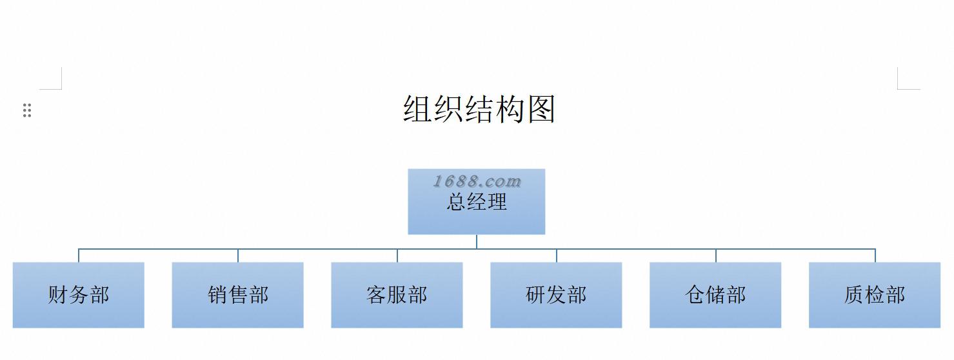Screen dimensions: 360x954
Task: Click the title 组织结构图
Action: pyautogui.click(x=479, y=109)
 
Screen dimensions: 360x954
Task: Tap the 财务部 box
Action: pyautogui.click(x=78, y=295)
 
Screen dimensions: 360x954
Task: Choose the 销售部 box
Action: pyautogui.click(x=237, y=295)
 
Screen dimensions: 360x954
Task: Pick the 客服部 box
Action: pyautogui.click(x=397, y=295)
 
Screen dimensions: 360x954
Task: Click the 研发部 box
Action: pyautogui.click(x=556, y=295)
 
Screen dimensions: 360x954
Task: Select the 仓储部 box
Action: pyautogui.click(x=715, y=295)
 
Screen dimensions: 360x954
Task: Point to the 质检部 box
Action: pyautogui.click(x=875, y=295)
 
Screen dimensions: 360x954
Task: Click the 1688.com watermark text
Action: pyautogui.click(x=477, y=181)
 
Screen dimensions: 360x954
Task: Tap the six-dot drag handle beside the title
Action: pyautogui.click(x=27, y=110)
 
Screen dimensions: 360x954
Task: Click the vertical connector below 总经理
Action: pyautogui.click(x=477, y=241)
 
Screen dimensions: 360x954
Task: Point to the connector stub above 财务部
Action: pyautogui.click(x=79, y=255)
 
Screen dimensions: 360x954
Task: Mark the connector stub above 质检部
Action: pyautogui.click(x=875, y=255)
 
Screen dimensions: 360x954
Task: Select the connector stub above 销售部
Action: pyautogui.click(x=238, y=255)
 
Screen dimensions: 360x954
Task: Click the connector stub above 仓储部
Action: pyautogui.click(x=716, y=255)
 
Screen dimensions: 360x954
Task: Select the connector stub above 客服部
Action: pyautogui.click(x=397, y=255)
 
